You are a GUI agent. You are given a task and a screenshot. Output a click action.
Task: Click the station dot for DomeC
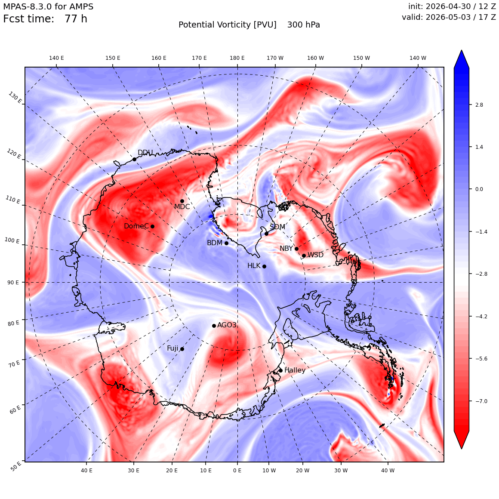[152, 226]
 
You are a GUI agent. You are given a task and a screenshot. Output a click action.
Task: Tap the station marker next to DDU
[134, 159]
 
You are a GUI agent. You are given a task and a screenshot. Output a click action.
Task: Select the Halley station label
[295, 370]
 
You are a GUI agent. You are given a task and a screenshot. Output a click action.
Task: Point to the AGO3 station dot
[214, 326]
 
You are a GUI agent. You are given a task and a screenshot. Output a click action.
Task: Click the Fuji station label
[172, 348]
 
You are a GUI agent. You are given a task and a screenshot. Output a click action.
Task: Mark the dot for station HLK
[264, 266]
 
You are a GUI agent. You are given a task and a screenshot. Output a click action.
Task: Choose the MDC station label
[182, 206]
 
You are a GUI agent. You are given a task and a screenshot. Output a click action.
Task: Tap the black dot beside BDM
[226, 243]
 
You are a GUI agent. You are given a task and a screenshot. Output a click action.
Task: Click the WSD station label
[316, 255]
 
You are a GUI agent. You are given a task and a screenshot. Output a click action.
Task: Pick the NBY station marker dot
[296, 249]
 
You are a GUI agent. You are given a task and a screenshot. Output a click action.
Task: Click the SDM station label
[277, 227]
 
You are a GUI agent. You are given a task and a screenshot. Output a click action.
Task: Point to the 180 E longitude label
[237, 58]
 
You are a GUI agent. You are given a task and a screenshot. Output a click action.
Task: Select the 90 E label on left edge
[13, 282]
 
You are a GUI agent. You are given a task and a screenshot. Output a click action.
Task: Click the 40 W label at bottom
[388, 470]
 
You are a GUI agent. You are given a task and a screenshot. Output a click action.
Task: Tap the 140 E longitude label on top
[56, 58]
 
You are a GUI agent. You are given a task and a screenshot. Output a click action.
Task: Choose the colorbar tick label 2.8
[479, 105]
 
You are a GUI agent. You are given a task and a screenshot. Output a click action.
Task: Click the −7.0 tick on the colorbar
[481, 401]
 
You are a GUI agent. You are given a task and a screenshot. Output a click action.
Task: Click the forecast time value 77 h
[76, 19]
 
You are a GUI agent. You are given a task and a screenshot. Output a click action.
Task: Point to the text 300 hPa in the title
[304, 25]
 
